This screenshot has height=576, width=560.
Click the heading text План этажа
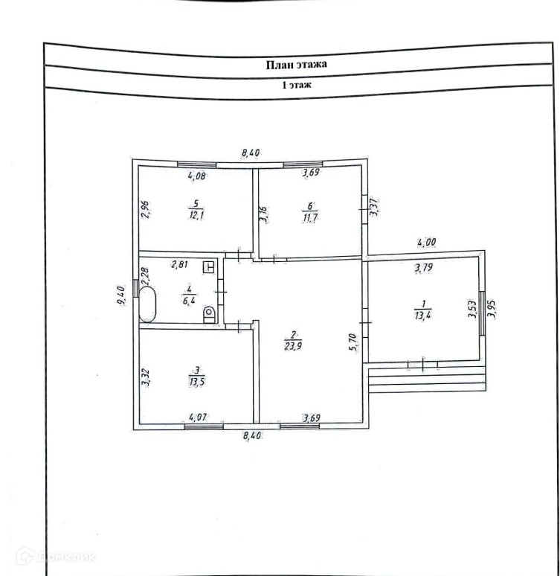(297, 65)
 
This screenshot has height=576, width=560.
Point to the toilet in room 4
(209, 315)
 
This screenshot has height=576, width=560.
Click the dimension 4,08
(197, 176)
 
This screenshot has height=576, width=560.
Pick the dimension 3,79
(425, 268)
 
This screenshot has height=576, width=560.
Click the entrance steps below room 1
(428, 379)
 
